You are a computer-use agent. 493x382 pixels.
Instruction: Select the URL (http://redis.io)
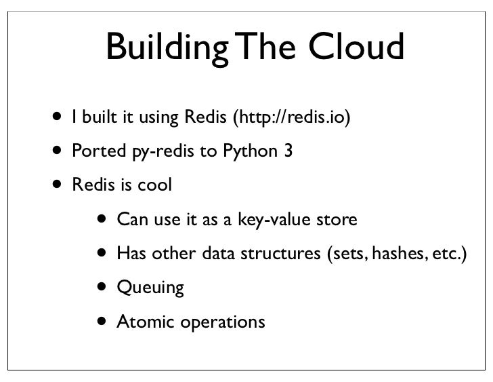292,119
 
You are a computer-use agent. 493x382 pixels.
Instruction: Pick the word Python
251,153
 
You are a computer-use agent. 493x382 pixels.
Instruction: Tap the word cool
152,185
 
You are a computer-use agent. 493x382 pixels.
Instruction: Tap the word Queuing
150,288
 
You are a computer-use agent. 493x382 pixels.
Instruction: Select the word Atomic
148,321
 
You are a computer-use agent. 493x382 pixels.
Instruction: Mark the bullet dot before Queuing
100,286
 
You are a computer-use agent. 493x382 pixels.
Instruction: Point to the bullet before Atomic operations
100,320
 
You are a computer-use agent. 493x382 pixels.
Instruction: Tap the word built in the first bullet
98,118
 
